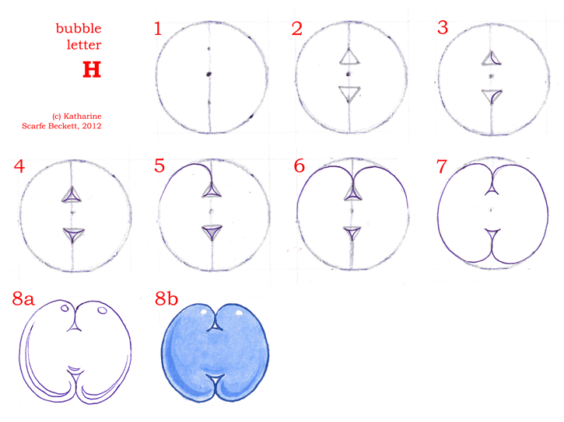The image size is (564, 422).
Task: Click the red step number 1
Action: coord(158,29)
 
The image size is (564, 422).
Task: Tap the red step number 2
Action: coord(296,29)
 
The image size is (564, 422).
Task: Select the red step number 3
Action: coord(443,28)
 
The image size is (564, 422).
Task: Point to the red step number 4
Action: coord(19,166)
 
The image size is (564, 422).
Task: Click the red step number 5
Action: coord(159,166)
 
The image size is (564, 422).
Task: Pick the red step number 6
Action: coord(300,166)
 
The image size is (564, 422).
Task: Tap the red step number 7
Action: coord(442,166)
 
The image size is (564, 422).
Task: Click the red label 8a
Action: coord(23,298)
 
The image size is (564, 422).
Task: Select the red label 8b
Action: coord(166,298)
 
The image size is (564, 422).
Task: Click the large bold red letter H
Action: coord(92,69)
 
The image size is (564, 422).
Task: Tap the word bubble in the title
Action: coord(79,29)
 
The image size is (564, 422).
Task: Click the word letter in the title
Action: coord(84,45)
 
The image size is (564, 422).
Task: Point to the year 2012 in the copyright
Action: coord(91,126)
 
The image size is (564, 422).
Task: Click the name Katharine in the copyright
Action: coord(82,116)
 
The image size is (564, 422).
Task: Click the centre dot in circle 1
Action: coord(208,75)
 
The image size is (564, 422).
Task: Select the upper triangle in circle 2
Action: coord(349,58)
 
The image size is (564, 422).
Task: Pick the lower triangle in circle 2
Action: coord(349,93)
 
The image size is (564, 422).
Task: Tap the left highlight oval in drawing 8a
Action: coord(65,308)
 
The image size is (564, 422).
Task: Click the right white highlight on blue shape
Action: coord(239,313)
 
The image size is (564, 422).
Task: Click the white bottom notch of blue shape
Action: coord(215,378)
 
